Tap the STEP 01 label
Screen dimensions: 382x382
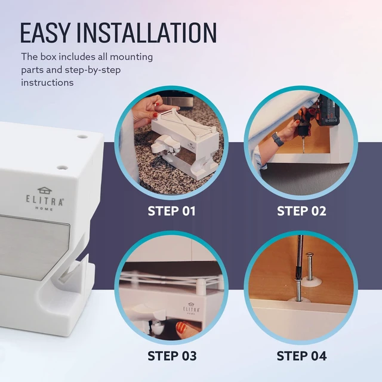tap(171, 211)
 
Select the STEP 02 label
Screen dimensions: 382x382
tap(301, 211)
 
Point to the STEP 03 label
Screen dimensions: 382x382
tap(172, 356)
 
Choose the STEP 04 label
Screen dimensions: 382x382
tap(301, 356)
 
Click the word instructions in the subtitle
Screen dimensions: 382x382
tap(47, 82)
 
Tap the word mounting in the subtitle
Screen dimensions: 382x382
tap(131, 57)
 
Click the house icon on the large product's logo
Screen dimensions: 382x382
tap(45, 190)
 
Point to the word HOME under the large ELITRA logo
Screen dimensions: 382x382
tap(44, 208)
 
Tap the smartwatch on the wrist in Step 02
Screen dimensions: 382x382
tap(277, 139)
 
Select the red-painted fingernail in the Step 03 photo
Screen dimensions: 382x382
tap(181, 327)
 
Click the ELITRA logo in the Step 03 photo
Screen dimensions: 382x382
tap(191, 308)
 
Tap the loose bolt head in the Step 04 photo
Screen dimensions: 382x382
tap(309, 255)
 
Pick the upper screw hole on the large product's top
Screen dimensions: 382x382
tap(82, 137)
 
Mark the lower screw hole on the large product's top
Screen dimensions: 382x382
tap(62, 168)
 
